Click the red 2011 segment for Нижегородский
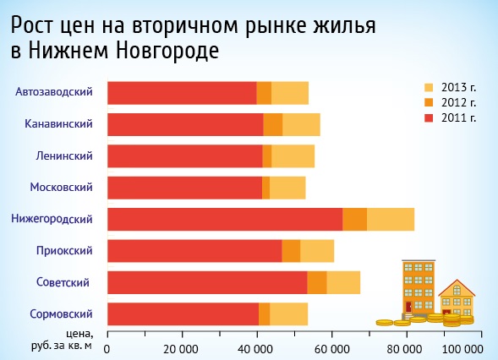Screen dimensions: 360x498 click(x=225, y=219)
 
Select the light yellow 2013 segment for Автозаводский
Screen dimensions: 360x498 click(x=290, y=92)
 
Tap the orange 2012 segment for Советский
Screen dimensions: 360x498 click(x=317, y=282)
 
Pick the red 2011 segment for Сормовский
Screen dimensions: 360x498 click(x=183, y=314)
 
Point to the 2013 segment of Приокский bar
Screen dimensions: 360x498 click(x=317, y=251)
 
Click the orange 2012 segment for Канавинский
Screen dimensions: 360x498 click(x=273, y=124)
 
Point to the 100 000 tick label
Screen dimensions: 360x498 click(x=463, y=348)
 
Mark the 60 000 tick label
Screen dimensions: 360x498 click(x=331, y=348)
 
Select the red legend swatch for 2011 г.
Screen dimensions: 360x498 click(x=429, y=117)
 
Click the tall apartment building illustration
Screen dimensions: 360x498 click(x=418, y=287)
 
